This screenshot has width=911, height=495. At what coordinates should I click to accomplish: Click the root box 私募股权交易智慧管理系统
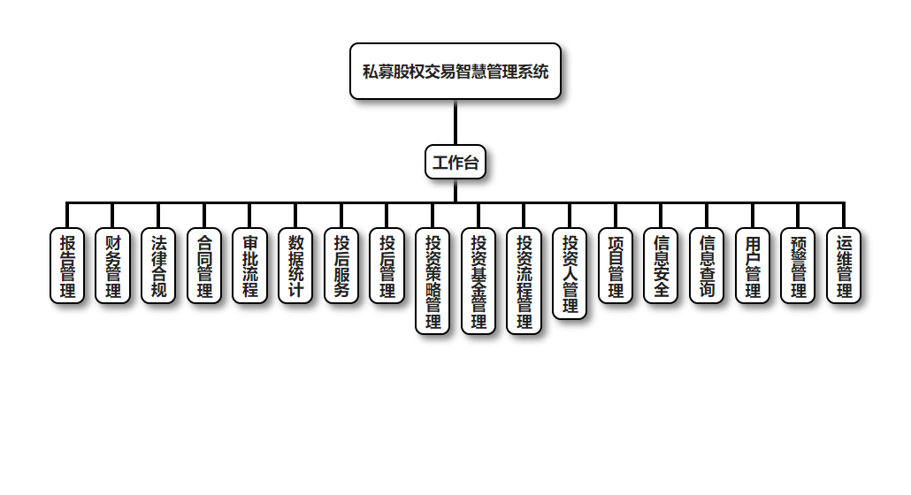[455, 71]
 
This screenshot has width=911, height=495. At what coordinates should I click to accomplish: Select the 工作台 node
[455, 162]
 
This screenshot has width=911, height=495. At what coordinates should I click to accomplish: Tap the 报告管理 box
[67, 265]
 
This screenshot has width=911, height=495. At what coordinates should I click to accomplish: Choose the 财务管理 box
[113, 265]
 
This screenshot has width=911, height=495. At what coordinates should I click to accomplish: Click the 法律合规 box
[158, 265]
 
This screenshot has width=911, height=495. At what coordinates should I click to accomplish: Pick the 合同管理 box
[204, 265]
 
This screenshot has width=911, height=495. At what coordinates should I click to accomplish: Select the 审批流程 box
[250, 265]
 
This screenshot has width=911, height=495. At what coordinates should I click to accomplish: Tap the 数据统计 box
[295, 265]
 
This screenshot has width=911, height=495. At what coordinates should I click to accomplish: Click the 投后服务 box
[341, 265]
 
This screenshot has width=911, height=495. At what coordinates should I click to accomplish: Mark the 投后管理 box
[387, 265]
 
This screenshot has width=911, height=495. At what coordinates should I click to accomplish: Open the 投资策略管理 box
[433, 281]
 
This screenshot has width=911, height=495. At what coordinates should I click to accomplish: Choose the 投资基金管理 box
[478, 281]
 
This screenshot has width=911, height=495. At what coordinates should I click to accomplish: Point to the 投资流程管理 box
[524, 281]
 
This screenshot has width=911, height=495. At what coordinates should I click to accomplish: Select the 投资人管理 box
[570, 273]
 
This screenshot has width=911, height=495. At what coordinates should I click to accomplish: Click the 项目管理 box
[616, 265]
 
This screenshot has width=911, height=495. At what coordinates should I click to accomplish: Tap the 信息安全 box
[661, 265]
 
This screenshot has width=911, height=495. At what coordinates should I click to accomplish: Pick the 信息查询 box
[707, 265]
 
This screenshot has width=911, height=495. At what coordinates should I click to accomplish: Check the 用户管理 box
[753, 265]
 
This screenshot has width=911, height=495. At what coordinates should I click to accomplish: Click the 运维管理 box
[844, 265]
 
